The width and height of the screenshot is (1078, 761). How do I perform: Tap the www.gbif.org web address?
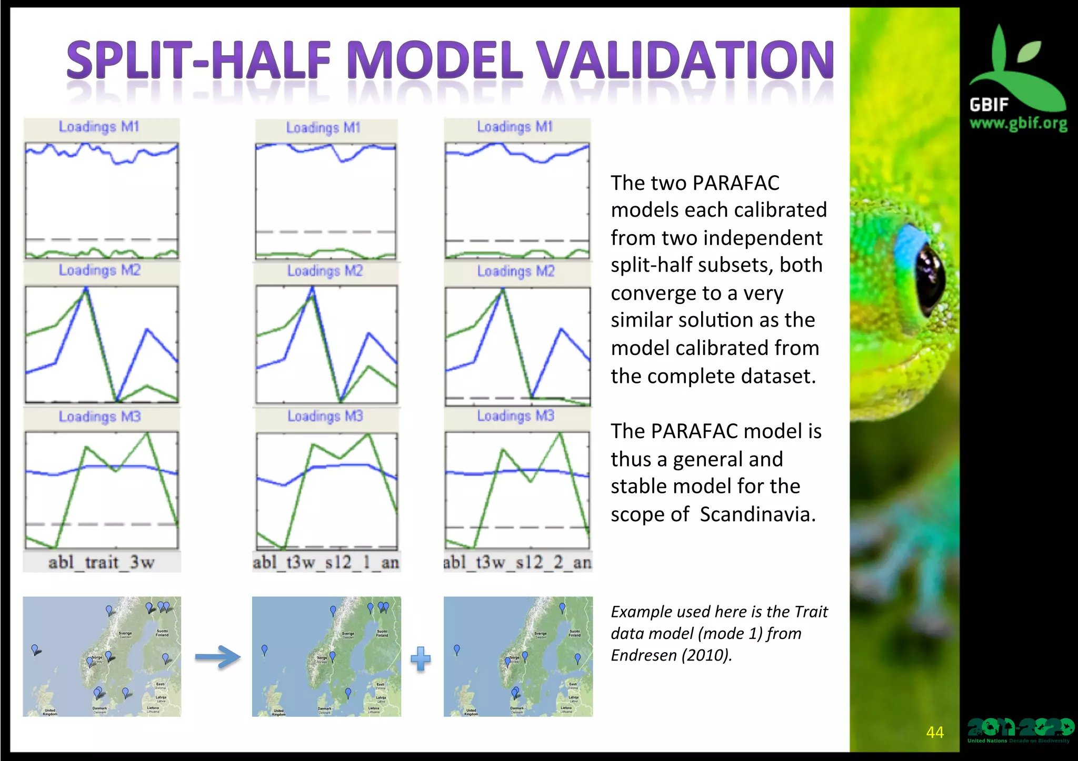click(x=1018, y=124)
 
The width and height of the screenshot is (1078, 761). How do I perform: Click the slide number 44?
click(x=935, y=732)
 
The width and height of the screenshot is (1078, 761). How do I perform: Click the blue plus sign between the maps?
click(x=421, y=658)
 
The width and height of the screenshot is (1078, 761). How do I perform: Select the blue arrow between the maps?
click(x=217, y=657)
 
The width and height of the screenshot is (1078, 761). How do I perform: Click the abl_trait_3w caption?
click(x=102, y=562)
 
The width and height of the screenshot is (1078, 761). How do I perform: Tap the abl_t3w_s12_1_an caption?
click(x=326, y=562)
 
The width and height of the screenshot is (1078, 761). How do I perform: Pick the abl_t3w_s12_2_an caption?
click(x=517, y=562)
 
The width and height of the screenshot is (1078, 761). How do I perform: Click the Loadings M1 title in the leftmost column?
click(x=99, y=127)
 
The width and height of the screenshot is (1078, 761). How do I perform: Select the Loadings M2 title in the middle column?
click(x=325, y=271)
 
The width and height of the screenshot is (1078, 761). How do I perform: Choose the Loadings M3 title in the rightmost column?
click(x=516, y=416)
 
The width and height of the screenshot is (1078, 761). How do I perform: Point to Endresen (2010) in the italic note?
click(x=671, y=655)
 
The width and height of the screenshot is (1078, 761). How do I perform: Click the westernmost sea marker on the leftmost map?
click(x=35, y=649)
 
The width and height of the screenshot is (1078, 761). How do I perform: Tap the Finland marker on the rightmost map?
click(x=577, y=657)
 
